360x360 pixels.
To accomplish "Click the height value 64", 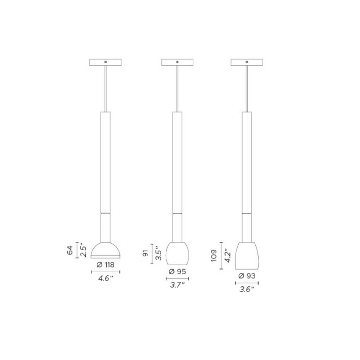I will [70, 251].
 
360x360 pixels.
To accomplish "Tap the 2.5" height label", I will [83, 251].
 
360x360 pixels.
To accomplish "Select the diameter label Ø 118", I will [105, 265].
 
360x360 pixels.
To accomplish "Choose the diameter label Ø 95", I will [177, 271].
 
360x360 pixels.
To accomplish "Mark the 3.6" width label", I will [246, 289].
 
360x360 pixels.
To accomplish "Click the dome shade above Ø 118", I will [105, 250].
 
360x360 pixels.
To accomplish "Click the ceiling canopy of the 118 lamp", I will [105, 63].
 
